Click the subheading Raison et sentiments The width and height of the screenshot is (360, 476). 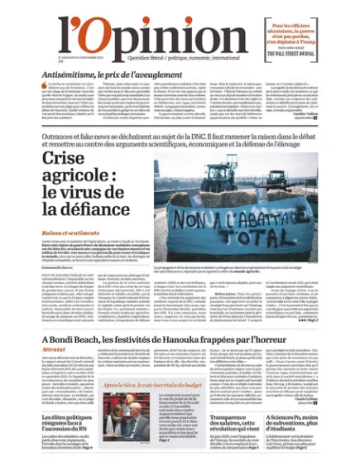click(x=70, y=234)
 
